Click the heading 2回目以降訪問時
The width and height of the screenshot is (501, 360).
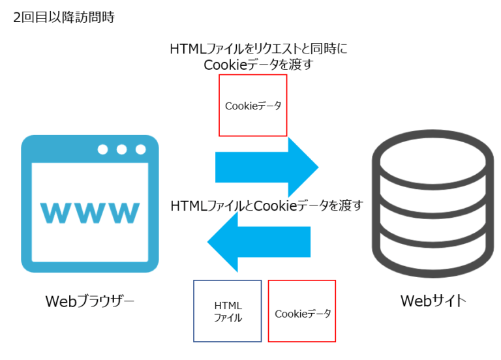pyautogui.click(x=63, y=18)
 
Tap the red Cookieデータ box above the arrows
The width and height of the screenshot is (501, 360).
pyautogui.click(x=252, y=105)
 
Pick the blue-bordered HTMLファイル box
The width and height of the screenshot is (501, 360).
pyautogui.click(x=228, y=311)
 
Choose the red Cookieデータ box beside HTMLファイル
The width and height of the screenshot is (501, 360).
pyautogui.click(x=302, y=311)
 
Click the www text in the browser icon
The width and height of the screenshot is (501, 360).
pyautogui.click(x=90, y=212)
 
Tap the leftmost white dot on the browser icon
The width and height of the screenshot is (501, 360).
pyautogui.click(x=103, y=149)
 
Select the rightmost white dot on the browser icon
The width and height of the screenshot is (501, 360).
pyautogui.click(x=140, y=149)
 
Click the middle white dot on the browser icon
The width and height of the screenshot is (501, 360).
pyautogui.click(x=122, y=149)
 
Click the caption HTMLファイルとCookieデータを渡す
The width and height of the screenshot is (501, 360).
pyautogui.click(x=266, y=205)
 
